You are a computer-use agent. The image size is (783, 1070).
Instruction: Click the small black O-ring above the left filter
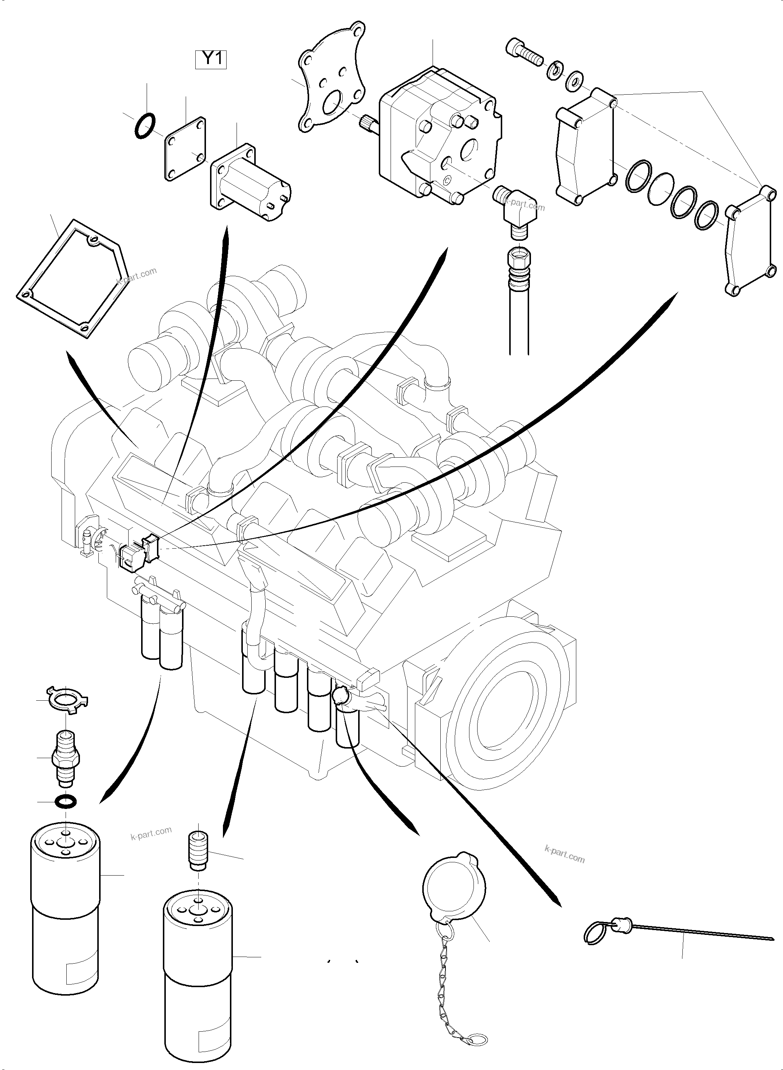(x=66, y=802)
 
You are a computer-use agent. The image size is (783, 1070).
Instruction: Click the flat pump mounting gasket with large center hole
(x=332, y=90)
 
